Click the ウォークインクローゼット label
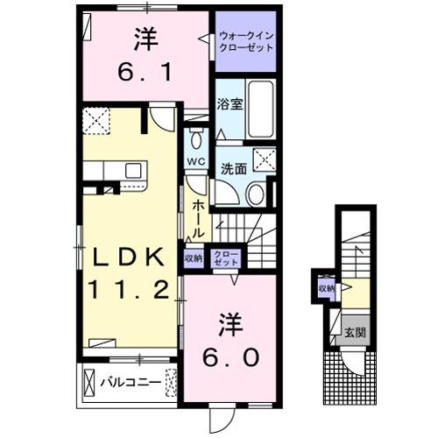click(246, 40)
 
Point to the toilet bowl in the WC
click(196, 140)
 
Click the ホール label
click(199, 218)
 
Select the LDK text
click(124, 257)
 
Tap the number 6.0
click(227, 357)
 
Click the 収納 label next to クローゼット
click(194, 258)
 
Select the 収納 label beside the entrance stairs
click(326, 288)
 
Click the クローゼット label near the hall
click(225, 258)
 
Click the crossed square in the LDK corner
click(95, 120)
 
